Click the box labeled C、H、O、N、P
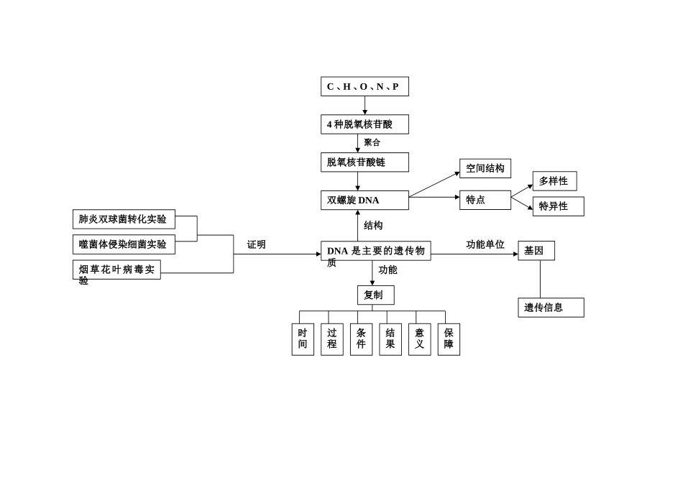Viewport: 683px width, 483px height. click(x=365, y=87)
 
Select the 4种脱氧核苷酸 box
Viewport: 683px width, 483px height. click(x=365, y=124)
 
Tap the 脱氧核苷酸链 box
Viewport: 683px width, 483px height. click(x=365, y=162)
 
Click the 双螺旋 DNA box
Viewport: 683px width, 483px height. click(x=365, y=201)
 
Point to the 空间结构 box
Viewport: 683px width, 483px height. click(x=485, y=169)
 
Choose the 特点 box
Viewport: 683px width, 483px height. click(x=485, y=200)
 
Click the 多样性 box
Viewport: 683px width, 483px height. click(x=554, y=181)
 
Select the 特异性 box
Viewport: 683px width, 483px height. click(x=558, y=206)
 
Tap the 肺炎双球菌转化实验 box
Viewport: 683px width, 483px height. click(x=124, y=219)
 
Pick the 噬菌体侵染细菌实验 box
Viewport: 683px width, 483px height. click(x=124, y=244)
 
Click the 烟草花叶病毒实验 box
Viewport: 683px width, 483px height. click(x=116, y=270)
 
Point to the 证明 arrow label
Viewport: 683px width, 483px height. click(x=257, y=245)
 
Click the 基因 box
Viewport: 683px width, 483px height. click(x=536, y=251)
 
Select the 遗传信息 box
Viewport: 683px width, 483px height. click(x=551, y=308)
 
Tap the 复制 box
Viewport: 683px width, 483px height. click(x=375, y=295)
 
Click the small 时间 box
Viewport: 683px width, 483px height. click(x=303, y=339)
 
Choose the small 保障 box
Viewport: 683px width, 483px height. click(x=449, y=339)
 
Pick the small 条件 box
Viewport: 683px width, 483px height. click(x=361, y=339)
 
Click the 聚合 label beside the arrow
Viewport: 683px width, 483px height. click(x=372, y=143)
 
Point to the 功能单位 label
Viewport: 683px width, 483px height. click(x=485, y=245)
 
